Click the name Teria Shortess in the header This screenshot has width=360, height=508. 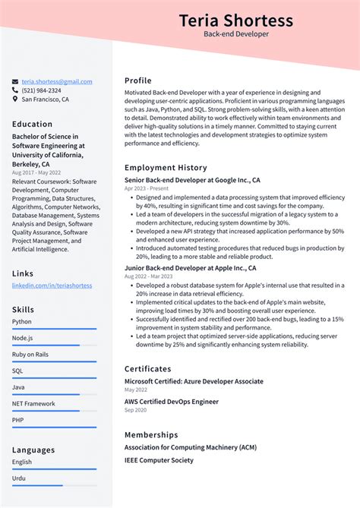click(x=235, y=19)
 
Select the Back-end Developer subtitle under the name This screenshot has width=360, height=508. click(x=235, y=34)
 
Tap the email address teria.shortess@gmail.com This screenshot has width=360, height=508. click(x=57, y=81)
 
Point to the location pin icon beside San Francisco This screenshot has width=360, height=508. click(x=15, y=99)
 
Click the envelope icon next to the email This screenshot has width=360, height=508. click(x=15, y=81)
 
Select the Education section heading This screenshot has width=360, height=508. click(x=33, y=124)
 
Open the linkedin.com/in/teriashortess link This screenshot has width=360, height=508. click(x=52, y=285)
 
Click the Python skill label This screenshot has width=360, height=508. click(x=22, y=321)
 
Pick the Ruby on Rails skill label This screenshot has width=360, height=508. click(x=30, y=355)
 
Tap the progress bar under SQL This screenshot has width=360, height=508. click(x=54, y=378)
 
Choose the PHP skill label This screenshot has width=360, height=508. click(x=18, y=420)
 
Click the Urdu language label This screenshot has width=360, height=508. click(x=19, y=478)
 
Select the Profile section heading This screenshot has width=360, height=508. click(x=138, y=80)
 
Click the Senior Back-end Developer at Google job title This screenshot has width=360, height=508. click(x=192, y=180)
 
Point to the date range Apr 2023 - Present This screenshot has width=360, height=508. click(x=146, y=188)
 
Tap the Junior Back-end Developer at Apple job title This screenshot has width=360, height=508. click(x=190, y=268)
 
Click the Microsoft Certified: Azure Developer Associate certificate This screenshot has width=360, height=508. click(x=194, y=381)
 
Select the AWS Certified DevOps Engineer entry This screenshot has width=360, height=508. click(x=171, y=402)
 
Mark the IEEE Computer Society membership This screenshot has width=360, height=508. click(x=159, y=460)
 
